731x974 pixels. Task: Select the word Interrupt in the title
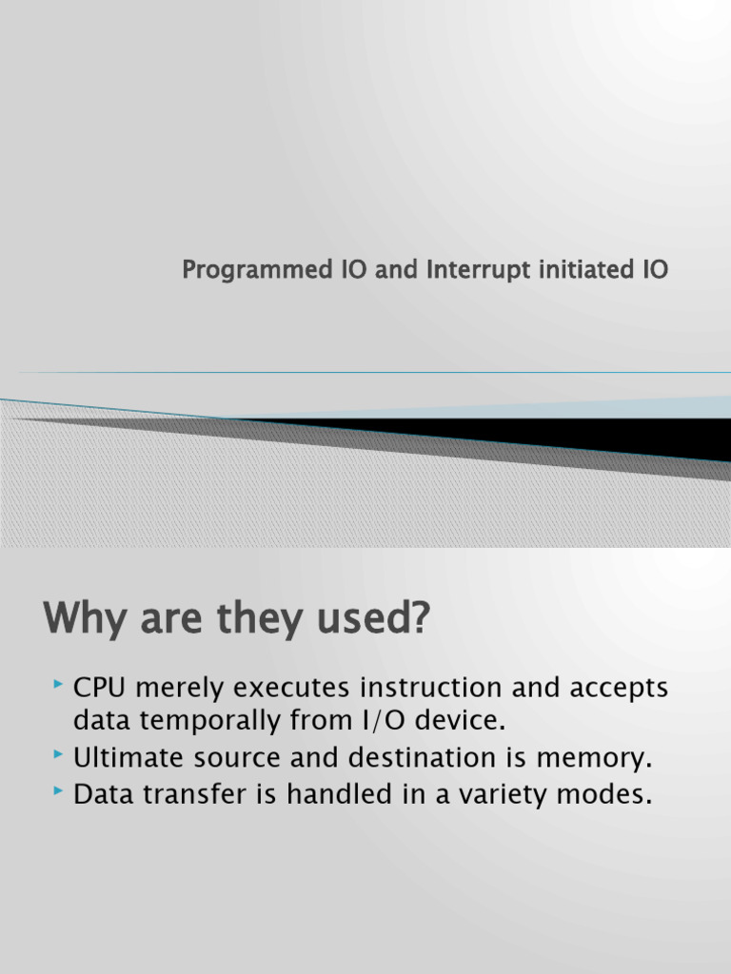pyautogui.click(x=470, y=270)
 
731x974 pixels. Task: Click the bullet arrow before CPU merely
pyautogui.click(x=60, y=684)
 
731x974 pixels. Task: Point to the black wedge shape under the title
pyautogui.click(x=571, y=438)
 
